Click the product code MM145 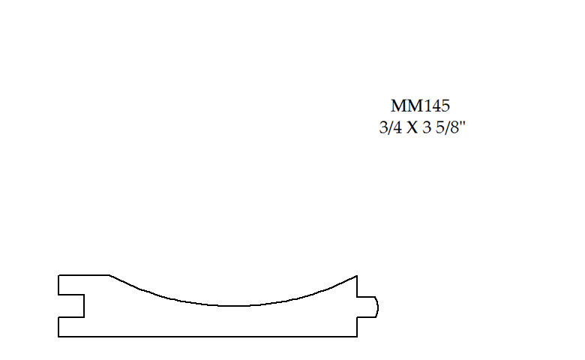click(x=420, y=106)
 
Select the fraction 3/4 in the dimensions click(x=390, y=128)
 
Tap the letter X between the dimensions click(x=412, y=128)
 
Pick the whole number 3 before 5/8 click(x=427, y=128)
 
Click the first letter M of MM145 click(x=397, y=106)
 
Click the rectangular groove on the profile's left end click(x=71, y=305)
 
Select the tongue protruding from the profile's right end click(x=367, y=306)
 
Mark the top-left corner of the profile click(x=58, y=275)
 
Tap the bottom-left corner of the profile click(x=58, y=337)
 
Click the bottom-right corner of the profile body click(x=357, y=337)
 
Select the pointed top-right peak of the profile click(x=357, y=275)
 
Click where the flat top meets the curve click(x=109, y=275)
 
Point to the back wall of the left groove click(x=83, y=305)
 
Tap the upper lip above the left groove click(x=70, y=284)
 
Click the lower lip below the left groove click(x=70, y=327)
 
